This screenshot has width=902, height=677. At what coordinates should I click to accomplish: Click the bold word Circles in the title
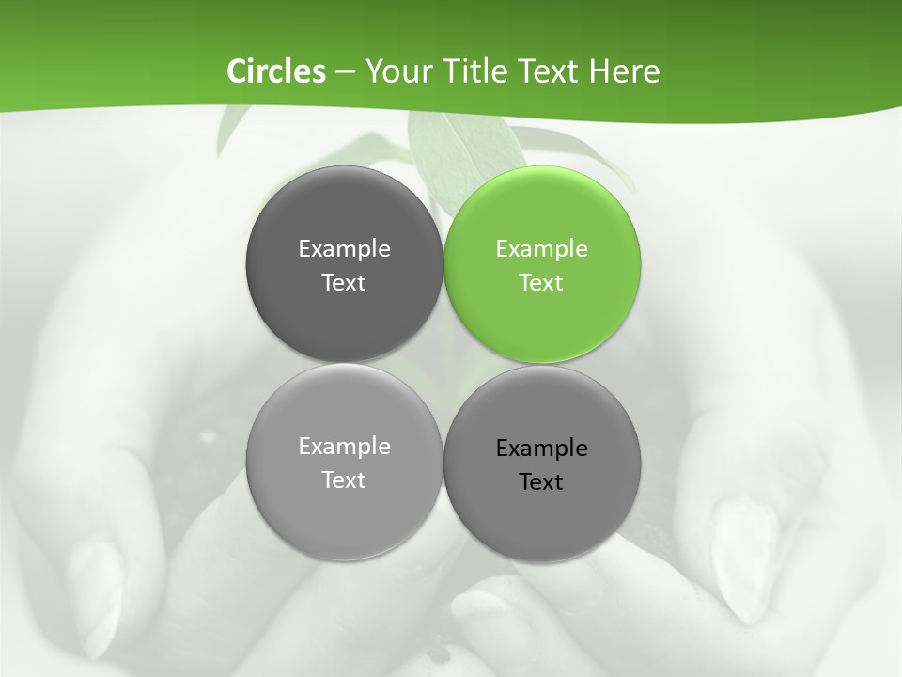(x=275, y=71)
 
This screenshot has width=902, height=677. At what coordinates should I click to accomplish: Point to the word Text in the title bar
(x=551, y=71)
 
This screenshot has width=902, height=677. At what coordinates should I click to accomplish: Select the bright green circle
(x=542, y=264)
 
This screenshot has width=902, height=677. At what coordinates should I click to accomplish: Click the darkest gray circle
(x=344, y=264)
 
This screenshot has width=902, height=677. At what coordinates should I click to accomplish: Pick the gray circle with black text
(x=542, y=464)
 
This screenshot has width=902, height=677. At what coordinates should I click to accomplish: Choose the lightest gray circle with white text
(x=344, y=463)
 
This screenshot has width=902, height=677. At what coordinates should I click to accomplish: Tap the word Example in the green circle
(x=541, y=248)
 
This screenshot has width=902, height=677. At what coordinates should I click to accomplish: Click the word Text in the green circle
(x=541, y=282)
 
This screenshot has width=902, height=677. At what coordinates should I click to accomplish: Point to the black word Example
(x=541, y=448)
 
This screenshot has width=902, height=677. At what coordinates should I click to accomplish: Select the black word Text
(x=541, y=481)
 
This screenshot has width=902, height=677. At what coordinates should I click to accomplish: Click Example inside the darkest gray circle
(x=344, y=248)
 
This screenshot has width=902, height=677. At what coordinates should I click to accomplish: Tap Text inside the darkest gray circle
(x=344, y=282)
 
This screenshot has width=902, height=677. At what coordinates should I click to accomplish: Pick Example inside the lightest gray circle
(x=344, y=446)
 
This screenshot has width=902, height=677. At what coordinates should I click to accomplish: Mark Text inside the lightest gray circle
(x=344, y=480)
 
